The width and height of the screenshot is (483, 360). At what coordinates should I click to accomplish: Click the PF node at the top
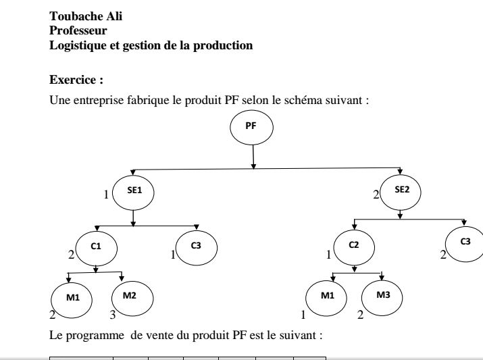(251, 127)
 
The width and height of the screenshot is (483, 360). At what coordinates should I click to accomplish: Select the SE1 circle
(133, 192)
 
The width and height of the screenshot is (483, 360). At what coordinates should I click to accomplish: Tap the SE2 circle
(401, 192)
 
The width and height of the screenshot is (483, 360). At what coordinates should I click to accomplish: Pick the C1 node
(97, 248)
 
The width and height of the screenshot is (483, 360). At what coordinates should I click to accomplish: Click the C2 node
(354, 247)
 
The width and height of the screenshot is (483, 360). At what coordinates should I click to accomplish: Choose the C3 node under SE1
(197, 248)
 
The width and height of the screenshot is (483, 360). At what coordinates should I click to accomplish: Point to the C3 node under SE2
(465, 245)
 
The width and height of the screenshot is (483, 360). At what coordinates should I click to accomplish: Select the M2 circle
(132, 299)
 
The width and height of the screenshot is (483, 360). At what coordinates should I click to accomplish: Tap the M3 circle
(382, 298)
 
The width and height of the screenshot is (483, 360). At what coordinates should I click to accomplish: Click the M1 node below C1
(72, 300)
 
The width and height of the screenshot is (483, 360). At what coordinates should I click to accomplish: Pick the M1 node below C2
(326, 298)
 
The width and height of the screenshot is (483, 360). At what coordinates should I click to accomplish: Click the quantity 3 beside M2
(113, 315)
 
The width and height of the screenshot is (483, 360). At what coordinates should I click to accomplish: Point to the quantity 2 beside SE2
(376, 195)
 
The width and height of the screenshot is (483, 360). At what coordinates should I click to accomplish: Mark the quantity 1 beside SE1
(106, 195)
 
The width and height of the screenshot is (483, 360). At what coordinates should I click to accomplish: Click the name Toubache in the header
(76, 16)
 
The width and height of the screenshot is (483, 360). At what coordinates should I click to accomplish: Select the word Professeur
(78, 30)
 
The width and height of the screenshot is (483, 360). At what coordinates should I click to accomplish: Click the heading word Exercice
(73, 80)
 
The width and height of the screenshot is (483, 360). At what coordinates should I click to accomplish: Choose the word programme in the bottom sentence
(95, 336)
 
